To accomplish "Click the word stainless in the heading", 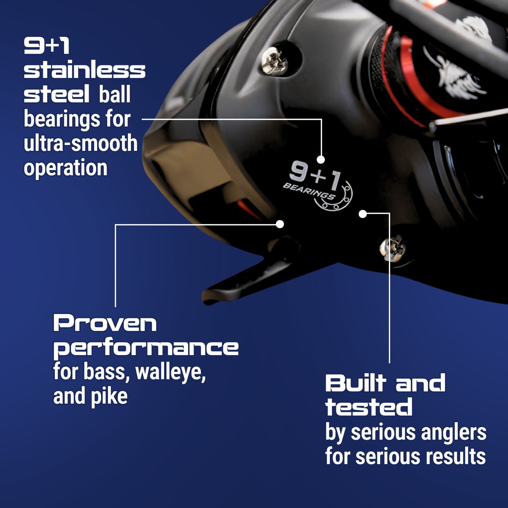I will (x=84, y=70).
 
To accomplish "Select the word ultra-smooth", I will (x=81, y=143).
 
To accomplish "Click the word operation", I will (x=65, y=168).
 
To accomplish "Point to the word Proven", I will (x=105, y=323).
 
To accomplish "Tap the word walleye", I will (x=170, y=372).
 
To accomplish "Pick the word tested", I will (x=369, y=407).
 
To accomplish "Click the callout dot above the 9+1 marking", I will (x=320, y=159).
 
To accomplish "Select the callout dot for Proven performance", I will (x=280, y=224).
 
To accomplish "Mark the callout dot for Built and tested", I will (x=363, y=213).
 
